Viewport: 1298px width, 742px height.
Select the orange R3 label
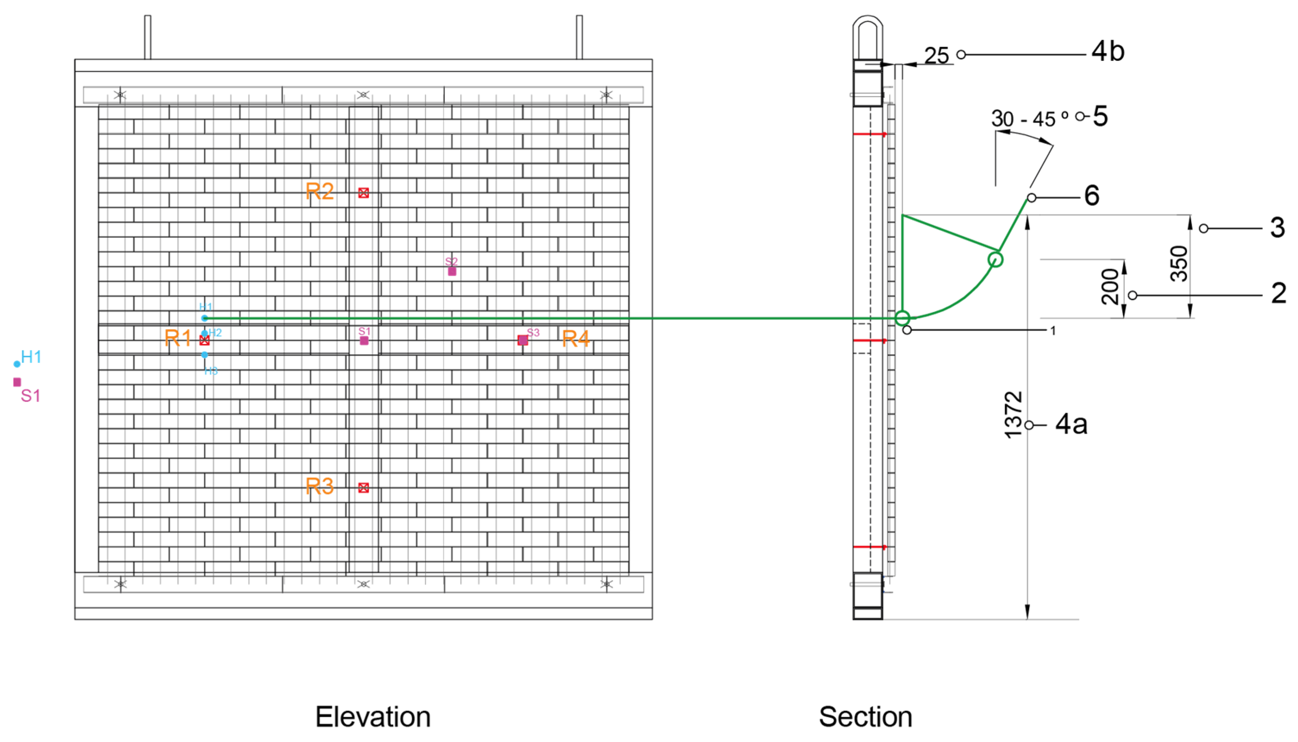(320, 486)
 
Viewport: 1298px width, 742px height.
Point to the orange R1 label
(178, 338)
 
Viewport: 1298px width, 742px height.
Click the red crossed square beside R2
(363, 193)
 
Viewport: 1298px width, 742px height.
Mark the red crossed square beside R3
(363, 488)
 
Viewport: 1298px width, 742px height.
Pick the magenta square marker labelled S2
(452, 271)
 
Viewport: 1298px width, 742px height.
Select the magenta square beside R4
(522, 340)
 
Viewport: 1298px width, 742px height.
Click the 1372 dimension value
(1013, 415)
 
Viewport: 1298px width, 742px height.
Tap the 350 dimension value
(1179, 264)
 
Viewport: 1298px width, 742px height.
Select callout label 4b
(1108, 52)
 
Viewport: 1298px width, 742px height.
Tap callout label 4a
(1071, 424)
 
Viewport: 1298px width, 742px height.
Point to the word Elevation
(373, 717)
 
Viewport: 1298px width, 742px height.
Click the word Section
(865, 717)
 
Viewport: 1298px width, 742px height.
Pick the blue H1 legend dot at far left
(17, 364)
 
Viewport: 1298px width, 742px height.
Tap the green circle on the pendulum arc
(995, 259)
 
